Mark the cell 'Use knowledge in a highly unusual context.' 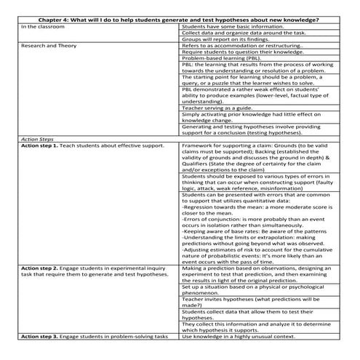point(236,337)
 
